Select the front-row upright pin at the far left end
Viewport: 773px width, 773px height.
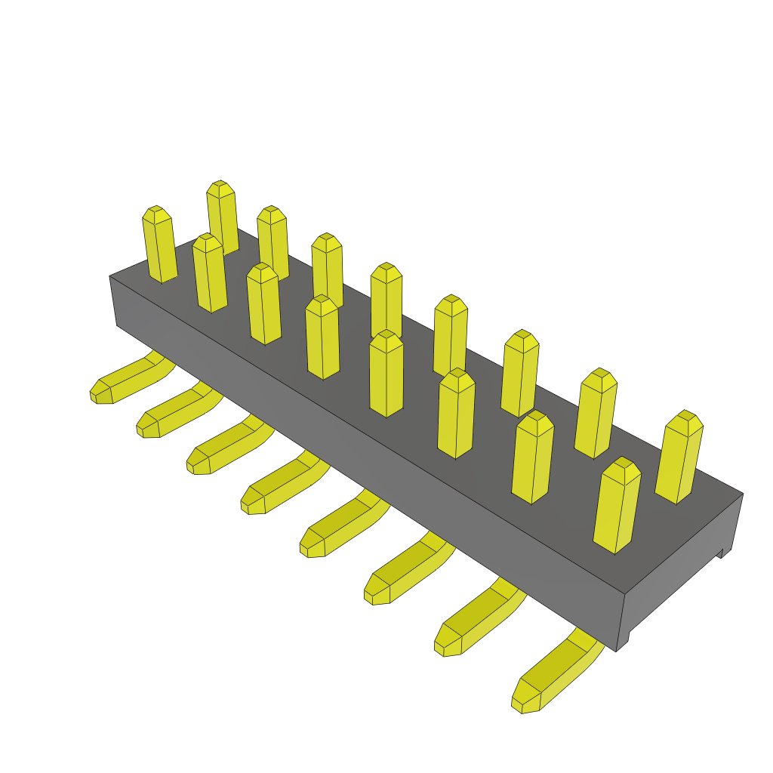(160, 245)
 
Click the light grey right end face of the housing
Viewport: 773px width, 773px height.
(679, 574)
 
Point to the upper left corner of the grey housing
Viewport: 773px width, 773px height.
(110, 277)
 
